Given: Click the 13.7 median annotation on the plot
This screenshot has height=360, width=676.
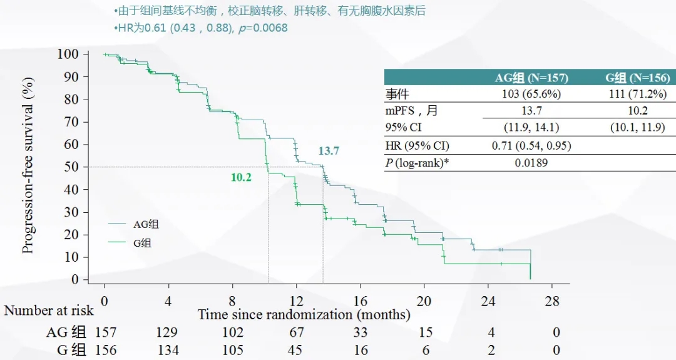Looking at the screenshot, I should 329,151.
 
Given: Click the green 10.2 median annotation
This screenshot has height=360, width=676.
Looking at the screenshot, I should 241,177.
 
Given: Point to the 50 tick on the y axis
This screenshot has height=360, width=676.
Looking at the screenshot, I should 72,167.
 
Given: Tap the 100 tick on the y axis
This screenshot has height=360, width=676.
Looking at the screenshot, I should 69,54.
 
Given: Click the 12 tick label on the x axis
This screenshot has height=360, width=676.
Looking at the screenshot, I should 296,301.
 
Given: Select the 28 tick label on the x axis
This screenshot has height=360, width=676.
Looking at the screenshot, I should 553,301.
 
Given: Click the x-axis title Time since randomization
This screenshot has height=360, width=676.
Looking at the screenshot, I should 304,314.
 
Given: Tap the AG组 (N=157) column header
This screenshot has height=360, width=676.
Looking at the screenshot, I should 531,78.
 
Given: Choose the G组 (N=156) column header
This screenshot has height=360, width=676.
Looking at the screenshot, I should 637,78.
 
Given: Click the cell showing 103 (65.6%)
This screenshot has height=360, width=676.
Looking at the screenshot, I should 531,94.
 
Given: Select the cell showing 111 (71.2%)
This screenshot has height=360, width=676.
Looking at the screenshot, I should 637,94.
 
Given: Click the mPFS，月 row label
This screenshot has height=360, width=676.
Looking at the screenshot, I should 412,111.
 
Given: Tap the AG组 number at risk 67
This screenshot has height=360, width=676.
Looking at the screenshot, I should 296,332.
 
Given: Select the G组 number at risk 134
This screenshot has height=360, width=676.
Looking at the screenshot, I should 168,350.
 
